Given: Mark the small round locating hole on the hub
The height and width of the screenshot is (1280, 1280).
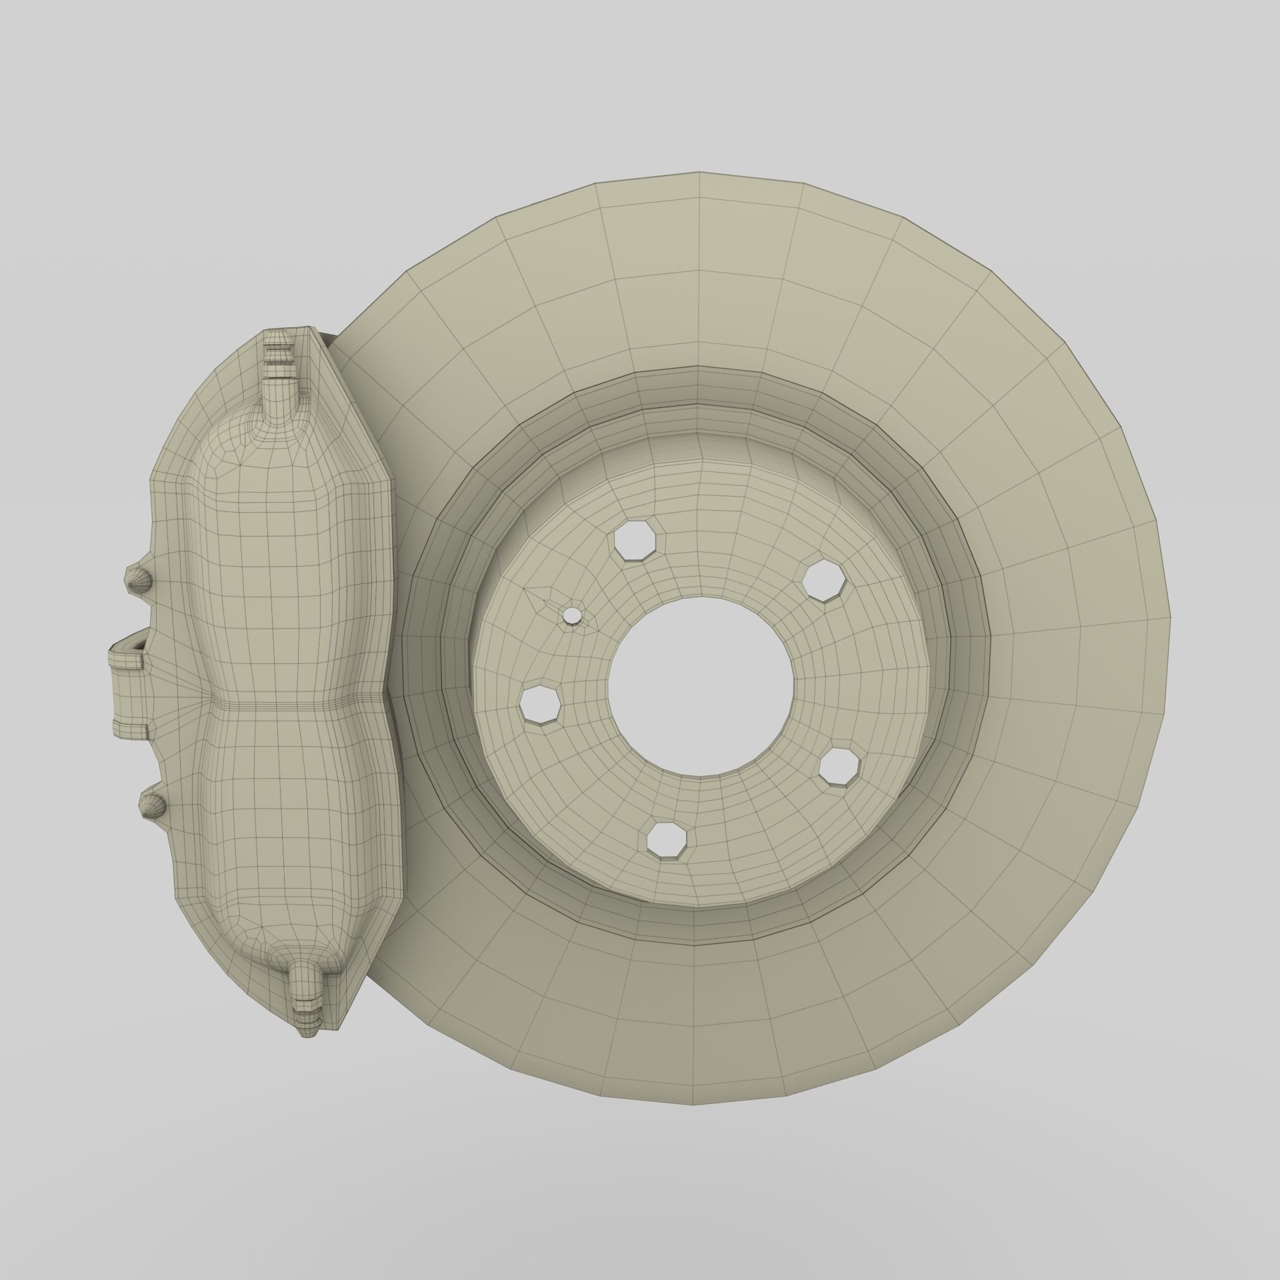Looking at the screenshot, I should (572, 615).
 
